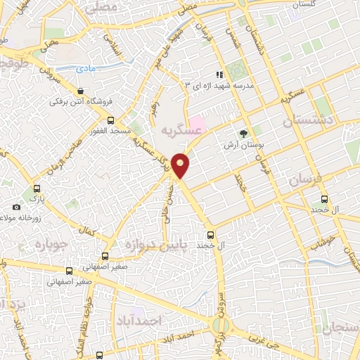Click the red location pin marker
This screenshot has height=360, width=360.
181,165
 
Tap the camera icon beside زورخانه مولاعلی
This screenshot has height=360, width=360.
16,207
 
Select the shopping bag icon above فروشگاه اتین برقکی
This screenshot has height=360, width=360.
82,91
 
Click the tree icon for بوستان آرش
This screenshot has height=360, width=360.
243,133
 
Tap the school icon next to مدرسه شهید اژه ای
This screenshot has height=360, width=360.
219,74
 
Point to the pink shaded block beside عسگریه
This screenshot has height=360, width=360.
198,126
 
